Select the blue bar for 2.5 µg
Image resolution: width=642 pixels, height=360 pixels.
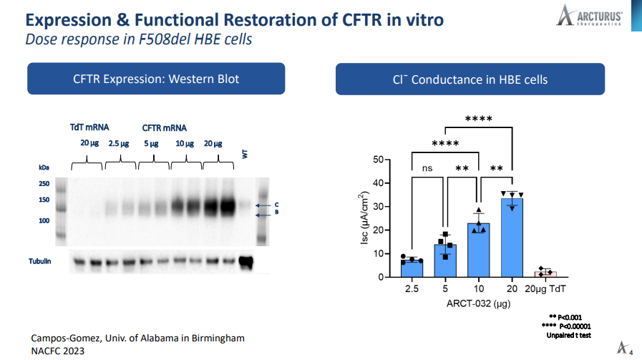coord(412,268)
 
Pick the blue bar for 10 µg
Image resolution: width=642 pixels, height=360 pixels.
coord(478,250)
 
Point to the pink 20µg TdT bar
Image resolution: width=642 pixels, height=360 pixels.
coord(545,273)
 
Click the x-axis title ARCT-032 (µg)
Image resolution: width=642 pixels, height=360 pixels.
coord(479,303)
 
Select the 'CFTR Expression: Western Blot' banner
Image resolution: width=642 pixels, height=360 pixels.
coord(156,79)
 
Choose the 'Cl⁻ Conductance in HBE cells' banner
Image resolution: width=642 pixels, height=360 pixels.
coord(470,79)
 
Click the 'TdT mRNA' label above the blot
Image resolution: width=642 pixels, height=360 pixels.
coord(89,127)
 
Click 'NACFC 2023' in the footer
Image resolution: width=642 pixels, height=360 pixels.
coord(57,351)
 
